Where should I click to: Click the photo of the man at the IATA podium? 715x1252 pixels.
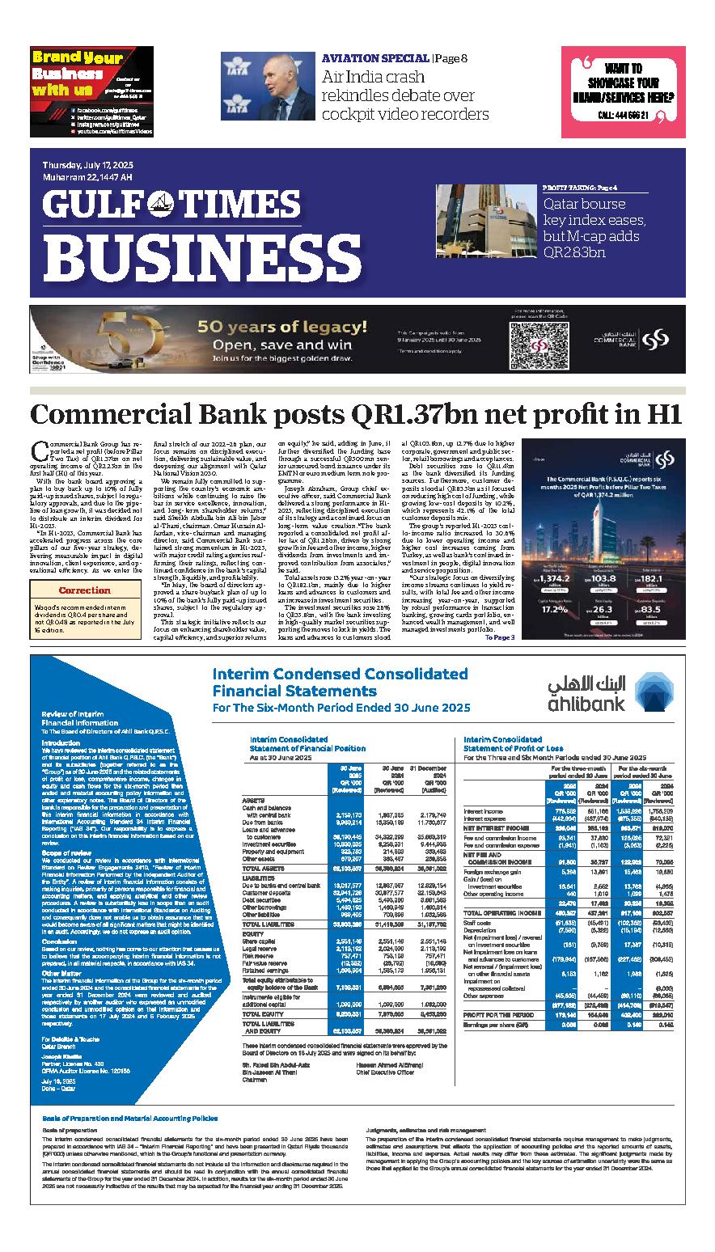point(265,87)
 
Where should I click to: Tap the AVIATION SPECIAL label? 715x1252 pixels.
point(375,58)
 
